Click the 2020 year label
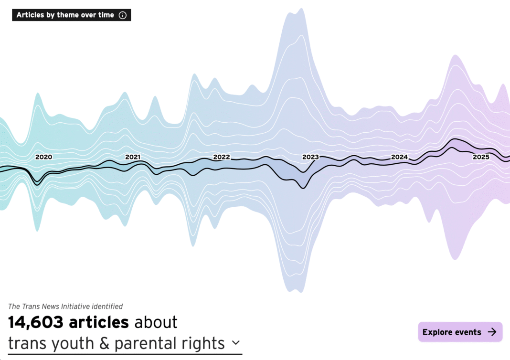44,157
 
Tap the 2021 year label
133,157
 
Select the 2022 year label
222,157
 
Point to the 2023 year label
310,157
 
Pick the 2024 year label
399,157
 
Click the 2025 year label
481,157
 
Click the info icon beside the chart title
123,15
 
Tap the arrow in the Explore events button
492,332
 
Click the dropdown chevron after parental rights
235,343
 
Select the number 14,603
36,322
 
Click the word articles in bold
99,322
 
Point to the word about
156,322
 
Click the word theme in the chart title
66,15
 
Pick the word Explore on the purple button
438,332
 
